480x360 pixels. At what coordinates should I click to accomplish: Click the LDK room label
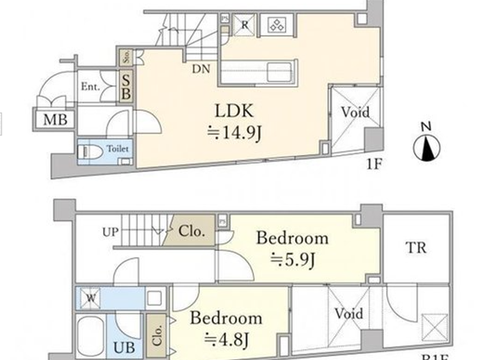[234, 111]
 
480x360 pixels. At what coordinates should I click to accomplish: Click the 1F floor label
[374, 165]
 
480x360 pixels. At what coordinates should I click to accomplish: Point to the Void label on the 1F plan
[355, 112]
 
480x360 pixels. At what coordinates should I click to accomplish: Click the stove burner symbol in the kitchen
[276, 25]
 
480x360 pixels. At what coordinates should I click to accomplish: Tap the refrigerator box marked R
[244, 25]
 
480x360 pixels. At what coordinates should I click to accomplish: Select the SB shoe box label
[126, 87]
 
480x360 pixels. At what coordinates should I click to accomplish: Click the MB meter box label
[55, 120]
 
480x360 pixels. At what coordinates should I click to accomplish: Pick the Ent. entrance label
[90, 87]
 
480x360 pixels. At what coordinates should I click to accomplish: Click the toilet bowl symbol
[91, 152]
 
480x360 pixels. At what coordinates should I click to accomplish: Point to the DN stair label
[201, 69]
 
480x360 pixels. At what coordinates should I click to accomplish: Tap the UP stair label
[110, 232]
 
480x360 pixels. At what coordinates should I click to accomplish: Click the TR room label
[416, 248]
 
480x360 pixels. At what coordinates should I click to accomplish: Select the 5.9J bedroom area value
[292, 260]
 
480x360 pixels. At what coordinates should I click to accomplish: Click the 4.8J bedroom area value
[226, 339]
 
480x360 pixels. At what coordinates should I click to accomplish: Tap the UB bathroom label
[124, 348]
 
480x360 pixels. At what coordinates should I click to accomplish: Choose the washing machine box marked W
[91, 298]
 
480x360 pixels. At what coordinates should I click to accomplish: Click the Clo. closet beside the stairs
[191, 231]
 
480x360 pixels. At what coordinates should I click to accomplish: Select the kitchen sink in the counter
[279, 72]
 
